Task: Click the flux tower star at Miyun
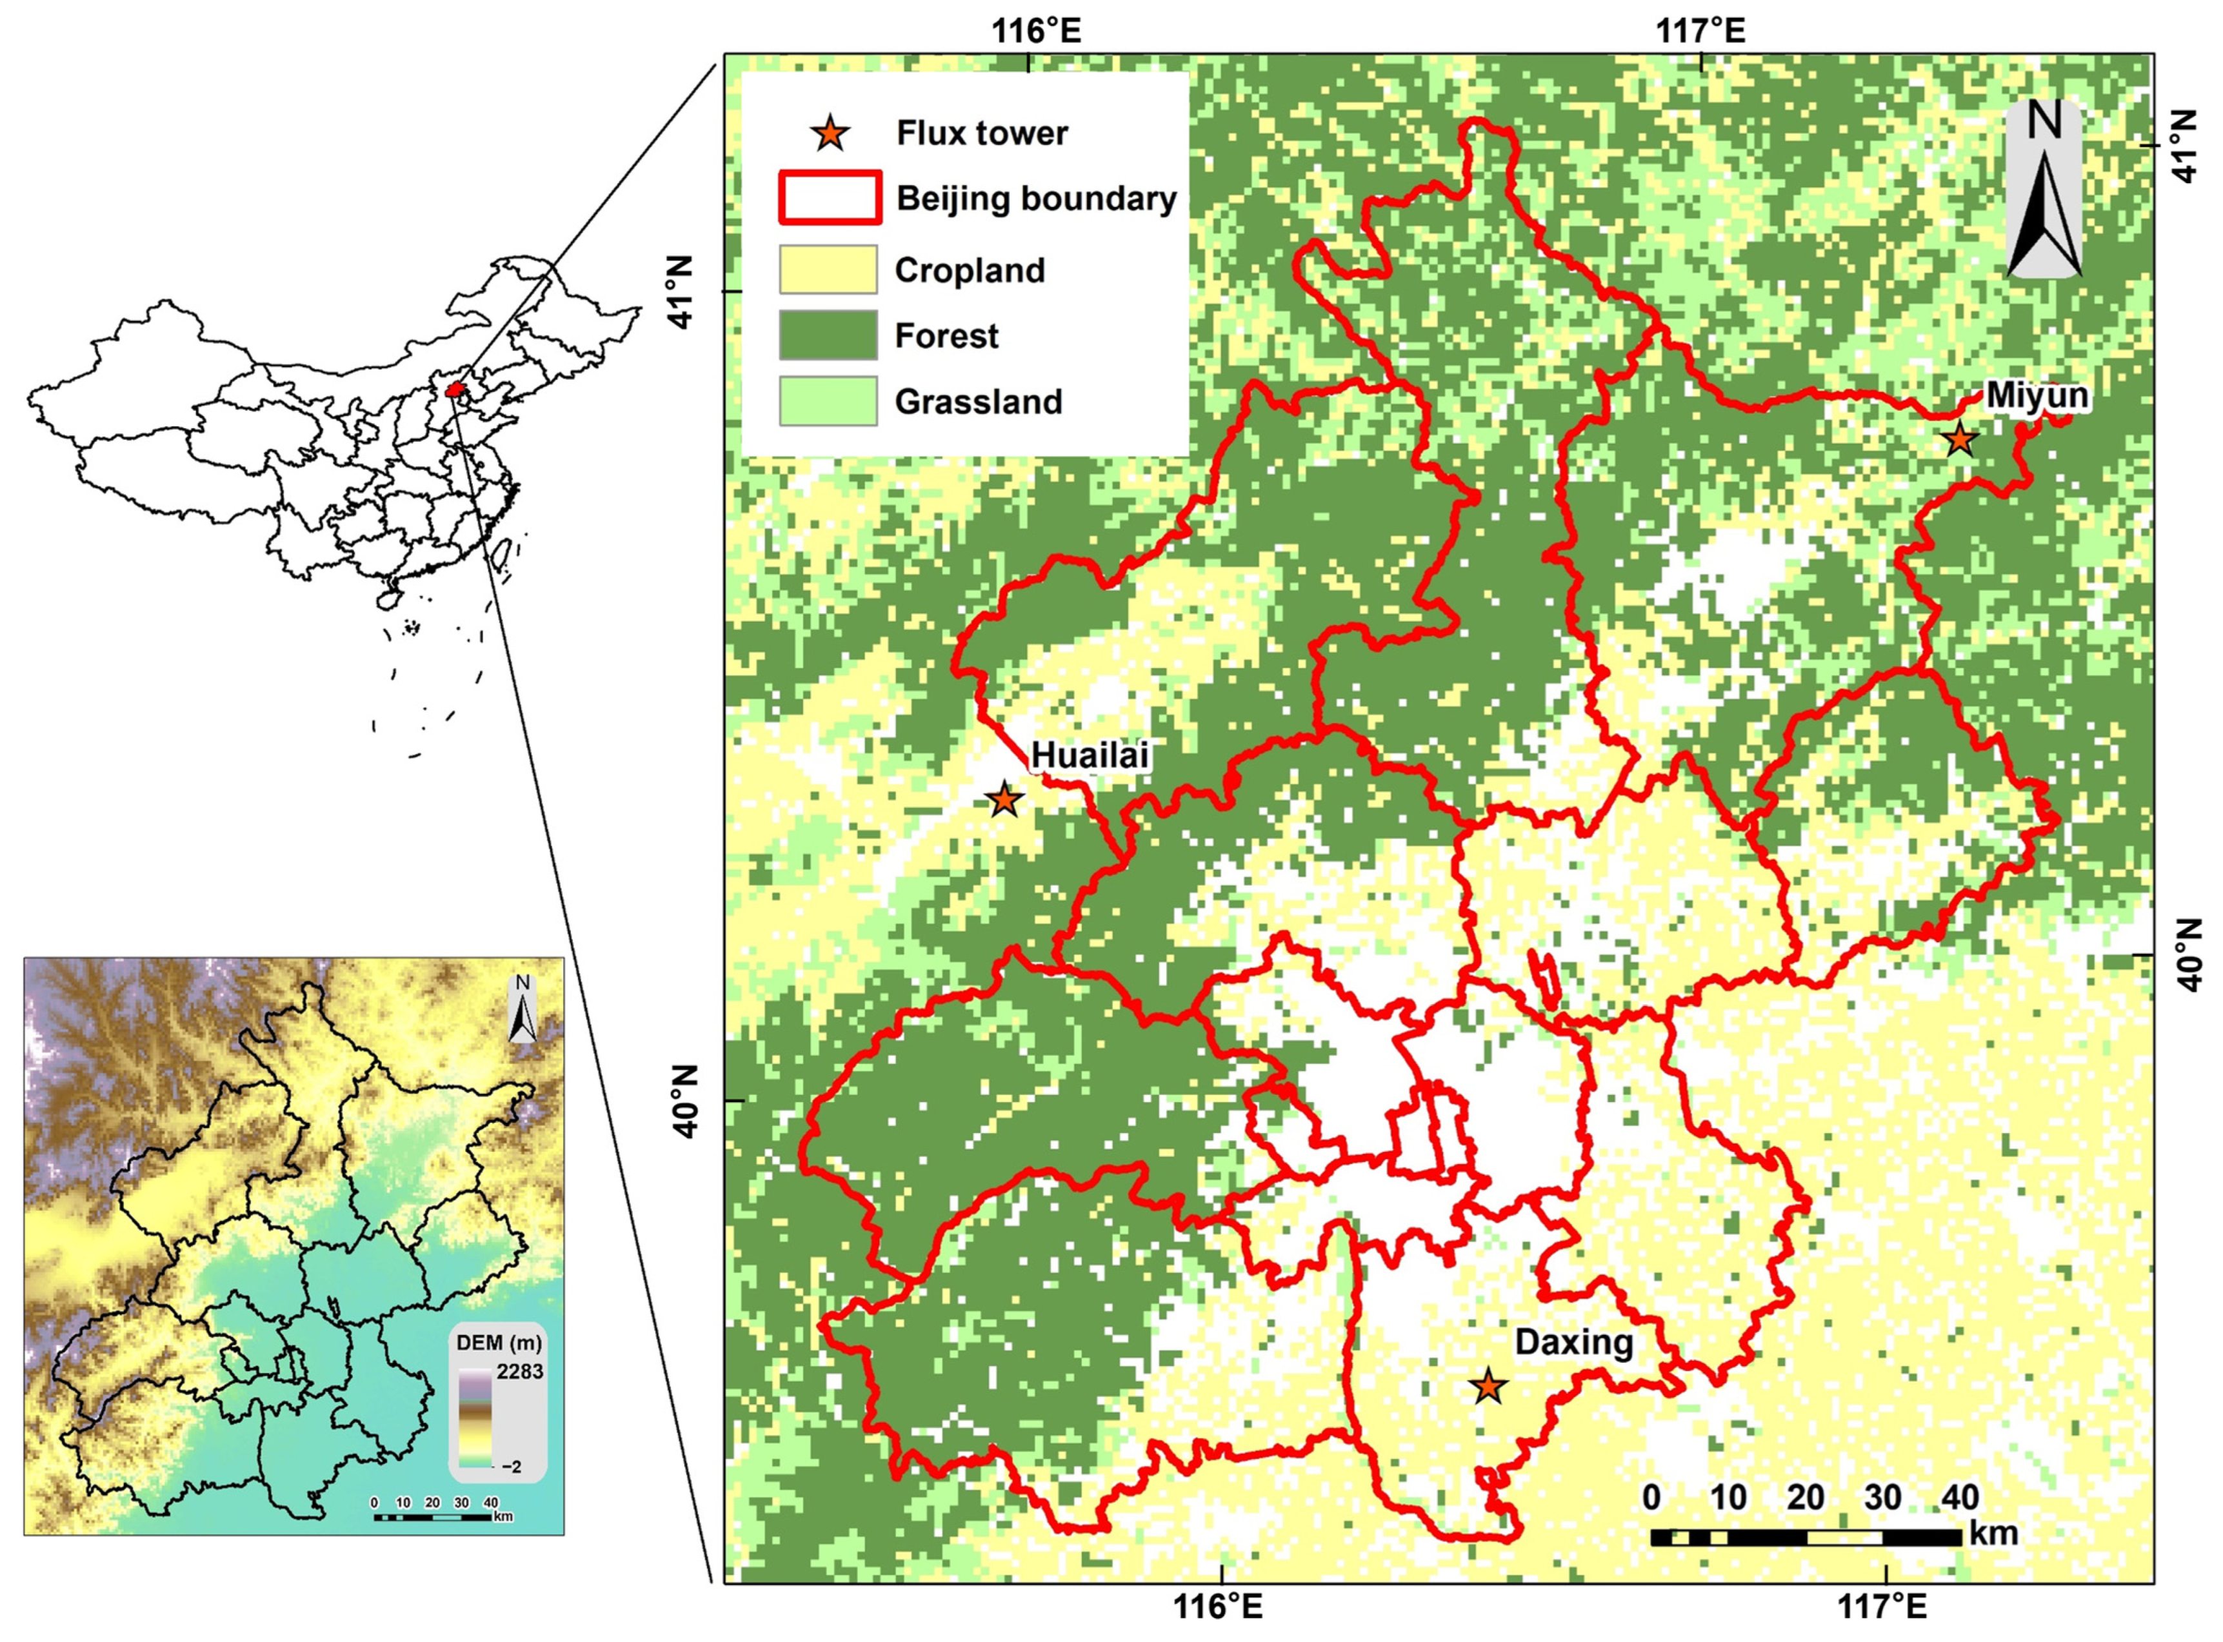[x=1959, y=439]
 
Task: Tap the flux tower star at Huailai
[x=1004, y=799]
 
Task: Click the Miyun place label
[x=2036, y=395]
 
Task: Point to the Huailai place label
[x=1090, y=755]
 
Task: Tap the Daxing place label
[x=1574, y=1343]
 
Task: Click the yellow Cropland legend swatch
[x=827, y=270]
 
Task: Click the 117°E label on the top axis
[x=1700, y=32]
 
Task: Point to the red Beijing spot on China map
[x=455, y=389]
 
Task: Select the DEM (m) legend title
[x=499, y=1343]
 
